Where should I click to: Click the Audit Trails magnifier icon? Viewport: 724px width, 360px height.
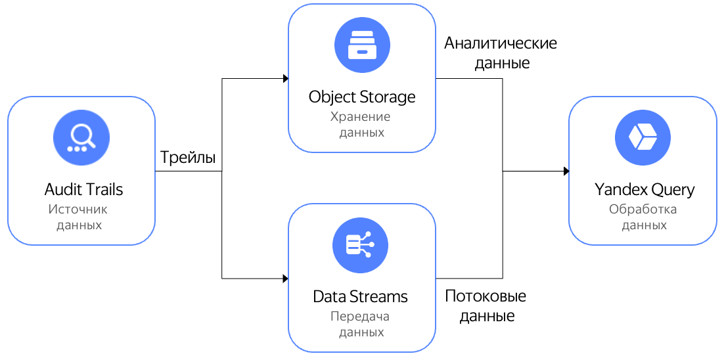click(x=81, y=137)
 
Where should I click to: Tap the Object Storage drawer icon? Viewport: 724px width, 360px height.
click(x=362, y=45)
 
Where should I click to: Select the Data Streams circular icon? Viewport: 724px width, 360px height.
click(x=361, y=244)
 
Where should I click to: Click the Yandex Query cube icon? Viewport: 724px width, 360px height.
click(x=643, y=137)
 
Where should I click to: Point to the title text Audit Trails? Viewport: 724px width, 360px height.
click(x=83, y=190)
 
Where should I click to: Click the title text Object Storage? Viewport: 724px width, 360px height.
click(x=362, y=97)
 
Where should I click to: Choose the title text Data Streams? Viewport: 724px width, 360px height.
click(x=360, y=296)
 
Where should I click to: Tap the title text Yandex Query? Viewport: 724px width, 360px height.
click(x=644, y=190)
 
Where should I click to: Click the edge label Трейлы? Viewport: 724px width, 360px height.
click(x=188, y=158)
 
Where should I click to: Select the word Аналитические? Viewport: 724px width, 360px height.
click(x=500, y=44)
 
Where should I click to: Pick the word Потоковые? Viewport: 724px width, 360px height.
click(x=486, y=296)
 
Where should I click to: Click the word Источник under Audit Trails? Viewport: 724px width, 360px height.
click(x=78, y=210)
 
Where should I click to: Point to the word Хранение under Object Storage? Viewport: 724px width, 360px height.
click(x=360, y=117)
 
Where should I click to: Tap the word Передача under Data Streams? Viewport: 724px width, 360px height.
click(x=360, y=316)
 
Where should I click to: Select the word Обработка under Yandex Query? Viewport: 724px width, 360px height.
click(x=643, y=210)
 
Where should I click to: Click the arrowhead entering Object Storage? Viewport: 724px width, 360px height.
click(x=285, y=79)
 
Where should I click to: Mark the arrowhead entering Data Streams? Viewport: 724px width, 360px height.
click(x=285, y=278)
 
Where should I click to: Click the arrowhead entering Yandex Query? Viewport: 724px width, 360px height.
click(x=566, y=171)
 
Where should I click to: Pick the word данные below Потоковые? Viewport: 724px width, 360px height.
click(x=486, y=316)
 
